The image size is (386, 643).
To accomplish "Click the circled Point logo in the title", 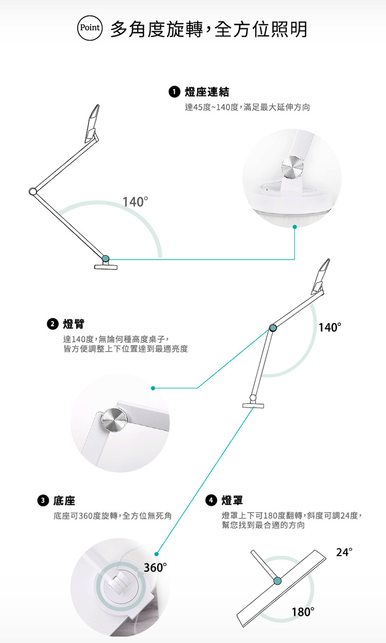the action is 90,28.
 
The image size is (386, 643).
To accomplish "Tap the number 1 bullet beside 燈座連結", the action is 174,92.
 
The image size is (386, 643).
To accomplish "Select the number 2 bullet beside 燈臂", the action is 53,324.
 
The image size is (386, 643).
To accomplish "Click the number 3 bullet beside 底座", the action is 43,500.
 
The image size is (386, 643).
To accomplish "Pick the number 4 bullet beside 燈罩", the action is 211,500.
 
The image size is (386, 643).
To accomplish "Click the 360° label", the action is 155,567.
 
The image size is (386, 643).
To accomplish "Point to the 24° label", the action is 344,552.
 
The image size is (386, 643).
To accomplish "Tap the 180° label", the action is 303,612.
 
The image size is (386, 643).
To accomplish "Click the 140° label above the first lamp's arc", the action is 135,202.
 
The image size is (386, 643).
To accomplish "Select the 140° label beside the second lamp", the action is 330,327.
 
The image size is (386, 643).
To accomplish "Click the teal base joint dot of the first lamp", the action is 106,258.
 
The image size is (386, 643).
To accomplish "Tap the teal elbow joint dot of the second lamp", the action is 273,328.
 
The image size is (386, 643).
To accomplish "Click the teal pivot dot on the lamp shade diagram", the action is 278,581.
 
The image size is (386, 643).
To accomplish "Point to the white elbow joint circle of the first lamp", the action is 33,191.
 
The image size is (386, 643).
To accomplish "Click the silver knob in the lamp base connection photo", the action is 292,167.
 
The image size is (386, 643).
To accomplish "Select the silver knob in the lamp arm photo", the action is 114,421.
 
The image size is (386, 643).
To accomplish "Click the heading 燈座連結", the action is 207,92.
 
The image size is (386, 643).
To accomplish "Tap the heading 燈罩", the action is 232,500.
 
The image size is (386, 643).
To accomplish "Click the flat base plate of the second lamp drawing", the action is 253,405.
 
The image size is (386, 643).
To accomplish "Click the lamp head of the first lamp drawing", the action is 92,123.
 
